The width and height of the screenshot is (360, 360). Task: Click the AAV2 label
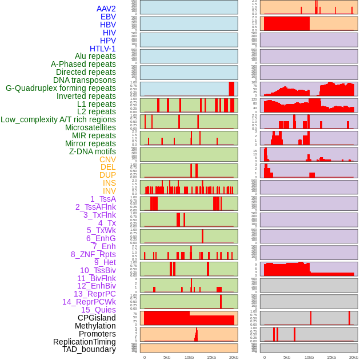pos(106,9)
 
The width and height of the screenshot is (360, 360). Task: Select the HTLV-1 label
pos(102,49)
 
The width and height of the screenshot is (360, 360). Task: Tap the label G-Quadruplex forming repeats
pos(61,89)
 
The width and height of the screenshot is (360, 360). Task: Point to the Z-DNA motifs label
pos(92,151)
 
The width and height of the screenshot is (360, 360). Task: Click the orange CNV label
pos(107,159)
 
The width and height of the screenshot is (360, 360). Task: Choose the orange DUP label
pos(107,175)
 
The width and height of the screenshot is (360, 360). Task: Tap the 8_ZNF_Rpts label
pos(93,254)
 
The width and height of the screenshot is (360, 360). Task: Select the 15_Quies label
pos(98,310)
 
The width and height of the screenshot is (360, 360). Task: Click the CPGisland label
pos(97,318)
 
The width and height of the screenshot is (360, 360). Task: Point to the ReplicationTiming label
pos(84,342)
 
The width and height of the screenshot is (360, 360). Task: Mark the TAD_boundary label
pos(89,349)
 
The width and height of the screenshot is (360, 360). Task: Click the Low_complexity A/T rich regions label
pos(58,119)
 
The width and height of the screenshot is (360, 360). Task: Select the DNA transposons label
pos(85,80)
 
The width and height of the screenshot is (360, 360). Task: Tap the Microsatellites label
pos(90,127)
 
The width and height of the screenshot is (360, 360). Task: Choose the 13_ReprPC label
pos(94,294)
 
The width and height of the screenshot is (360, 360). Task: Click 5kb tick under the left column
pos(167,357)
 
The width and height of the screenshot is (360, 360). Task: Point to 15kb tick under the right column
pos(331,357)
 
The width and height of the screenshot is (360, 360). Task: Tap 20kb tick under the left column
pos(233,357)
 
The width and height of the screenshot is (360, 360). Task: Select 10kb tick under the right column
pos(309,357)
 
